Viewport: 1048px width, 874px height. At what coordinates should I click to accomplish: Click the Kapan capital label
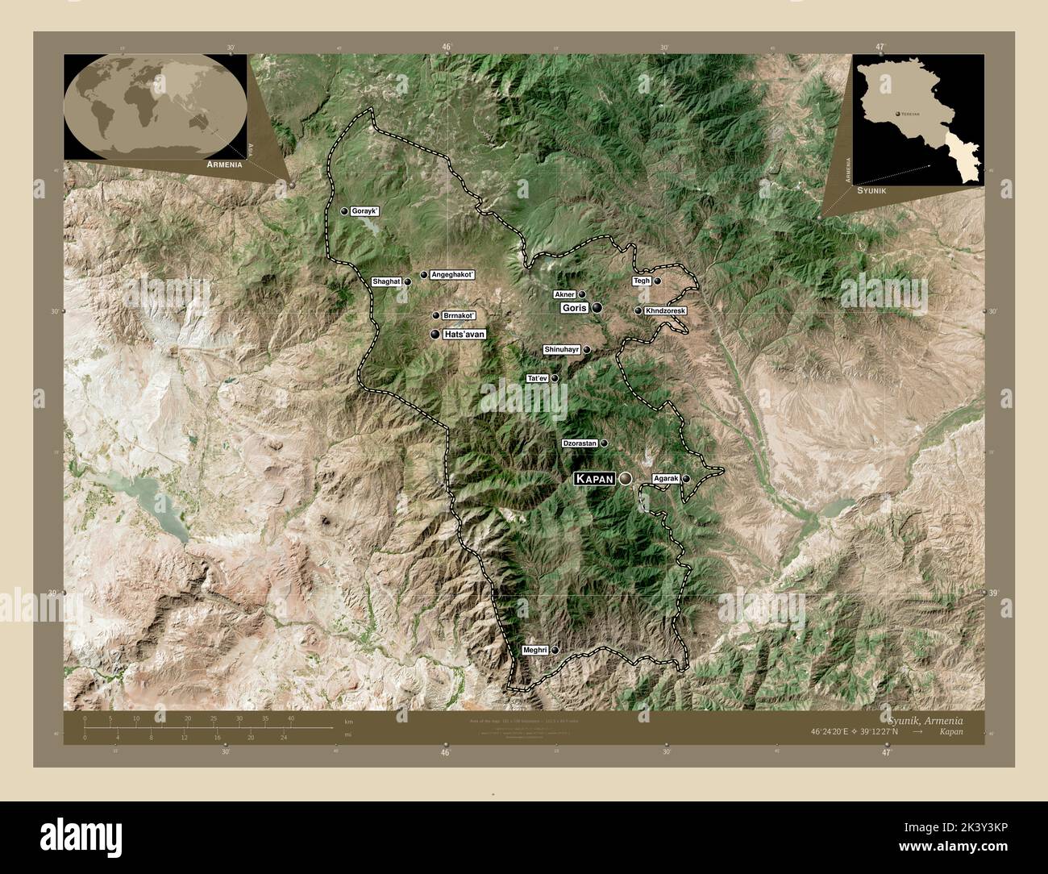594,479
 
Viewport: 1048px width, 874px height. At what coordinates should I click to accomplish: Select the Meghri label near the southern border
535,650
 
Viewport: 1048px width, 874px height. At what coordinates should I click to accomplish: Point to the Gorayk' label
364,210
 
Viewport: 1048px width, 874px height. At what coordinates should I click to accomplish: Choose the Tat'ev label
537,378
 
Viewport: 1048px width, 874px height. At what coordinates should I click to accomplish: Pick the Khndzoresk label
665,310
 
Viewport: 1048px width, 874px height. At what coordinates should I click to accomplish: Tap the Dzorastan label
580,443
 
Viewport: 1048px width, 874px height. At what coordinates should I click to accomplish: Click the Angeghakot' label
453,275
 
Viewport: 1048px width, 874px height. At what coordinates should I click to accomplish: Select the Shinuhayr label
563,350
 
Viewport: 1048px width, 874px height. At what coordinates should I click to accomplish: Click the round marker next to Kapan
625,479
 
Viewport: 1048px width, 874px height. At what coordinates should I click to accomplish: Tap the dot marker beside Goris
597,308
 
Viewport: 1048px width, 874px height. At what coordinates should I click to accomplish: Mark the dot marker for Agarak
686,479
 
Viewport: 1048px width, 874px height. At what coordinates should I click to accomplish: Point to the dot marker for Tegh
658,281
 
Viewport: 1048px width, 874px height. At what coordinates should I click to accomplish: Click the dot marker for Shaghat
408,281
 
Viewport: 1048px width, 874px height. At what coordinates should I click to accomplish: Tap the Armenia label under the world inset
224,164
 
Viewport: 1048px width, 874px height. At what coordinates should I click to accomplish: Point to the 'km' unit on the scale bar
348,721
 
